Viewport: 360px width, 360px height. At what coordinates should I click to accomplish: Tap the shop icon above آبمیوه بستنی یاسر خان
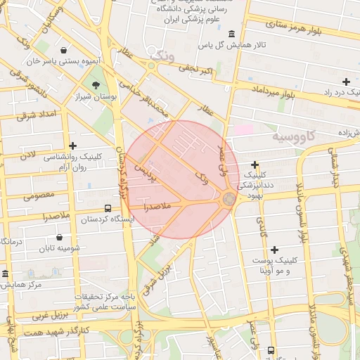pos(64,51)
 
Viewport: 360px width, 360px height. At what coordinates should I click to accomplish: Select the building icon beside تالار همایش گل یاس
pos(232,34)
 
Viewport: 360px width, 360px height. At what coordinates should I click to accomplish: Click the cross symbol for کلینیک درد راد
pos(346,82)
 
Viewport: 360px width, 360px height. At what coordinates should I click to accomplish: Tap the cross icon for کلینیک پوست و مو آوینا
pos(274,250)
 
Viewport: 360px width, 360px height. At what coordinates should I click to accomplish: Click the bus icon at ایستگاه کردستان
pos(108,208)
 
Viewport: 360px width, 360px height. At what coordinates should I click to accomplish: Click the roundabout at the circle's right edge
pos(229,200)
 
